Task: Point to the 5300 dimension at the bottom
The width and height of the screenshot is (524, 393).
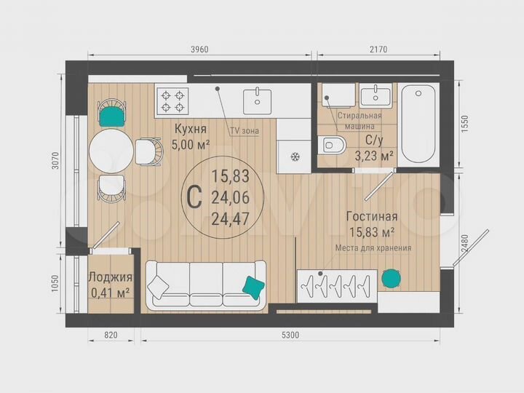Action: [291, 336]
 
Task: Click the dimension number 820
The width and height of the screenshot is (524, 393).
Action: [111, 336]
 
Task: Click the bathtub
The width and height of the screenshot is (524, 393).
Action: [418, 124]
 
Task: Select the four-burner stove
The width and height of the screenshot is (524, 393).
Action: [172, 100]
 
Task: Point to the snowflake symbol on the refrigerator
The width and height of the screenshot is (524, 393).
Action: [295, 156]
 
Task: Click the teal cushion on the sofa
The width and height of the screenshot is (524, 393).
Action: [253, 287]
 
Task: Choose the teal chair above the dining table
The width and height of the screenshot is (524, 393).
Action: [112, 114]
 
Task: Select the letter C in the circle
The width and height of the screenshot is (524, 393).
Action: [194, 196]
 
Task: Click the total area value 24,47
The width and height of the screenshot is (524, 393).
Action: [226, 217]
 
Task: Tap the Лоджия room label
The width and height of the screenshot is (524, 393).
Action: [110, 277]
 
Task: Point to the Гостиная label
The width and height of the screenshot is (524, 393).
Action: [371, 216]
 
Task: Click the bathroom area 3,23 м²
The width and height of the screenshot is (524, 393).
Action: [374, 155]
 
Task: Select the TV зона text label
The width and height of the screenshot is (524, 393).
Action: [245, 131]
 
